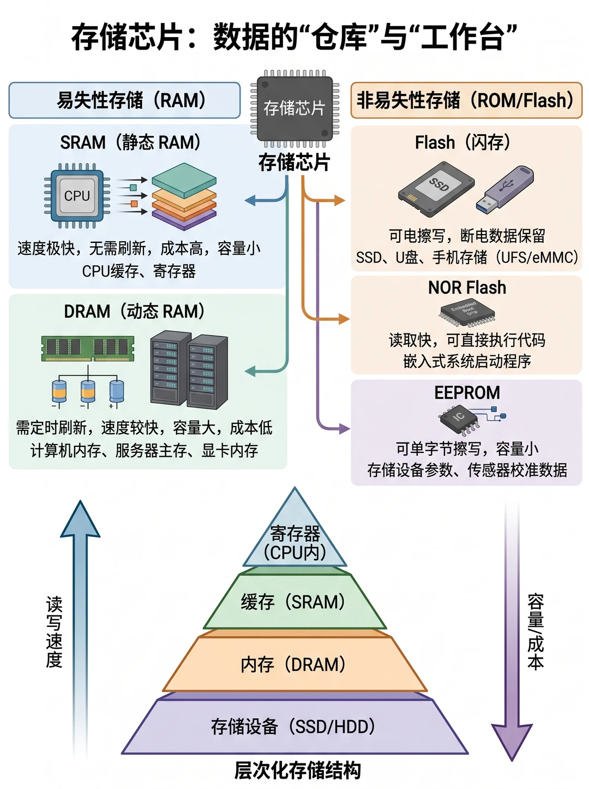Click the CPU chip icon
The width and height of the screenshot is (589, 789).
(77, 195)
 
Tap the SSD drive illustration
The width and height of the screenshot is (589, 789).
(436, 189)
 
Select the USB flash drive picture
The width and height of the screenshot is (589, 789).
(504, 188)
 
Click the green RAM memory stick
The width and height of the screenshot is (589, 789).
(88, 348)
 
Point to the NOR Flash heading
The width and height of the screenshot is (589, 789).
(467, 288)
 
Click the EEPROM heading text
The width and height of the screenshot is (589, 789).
(467, 392)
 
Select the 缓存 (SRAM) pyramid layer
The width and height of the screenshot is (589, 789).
(294, 602)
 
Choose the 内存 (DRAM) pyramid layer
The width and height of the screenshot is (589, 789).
(294, 664)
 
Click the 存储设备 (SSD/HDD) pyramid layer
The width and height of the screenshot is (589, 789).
(294, 727)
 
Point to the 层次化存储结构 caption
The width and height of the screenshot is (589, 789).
(297, 770)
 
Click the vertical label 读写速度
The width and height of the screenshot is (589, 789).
(54, 632)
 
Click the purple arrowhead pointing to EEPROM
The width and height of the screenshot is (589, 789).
(345, 428)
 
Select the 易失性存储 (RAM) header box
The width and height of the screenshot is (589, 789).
(125, 100)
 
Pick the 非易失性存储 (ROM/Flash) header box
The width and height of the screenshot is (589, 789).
(466, 100)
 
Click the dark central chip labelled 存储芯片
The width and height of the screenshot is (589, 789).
(294, 109)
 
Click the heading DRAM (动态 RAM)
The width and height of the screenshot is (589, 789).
(134, 311)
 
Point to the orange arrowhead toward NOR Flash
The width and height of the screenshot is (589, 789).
(344, 319)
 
